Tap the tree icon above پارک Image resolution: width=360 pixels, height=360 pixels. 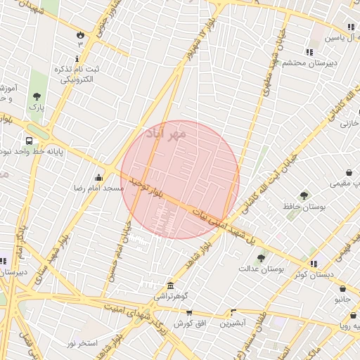[37, 97]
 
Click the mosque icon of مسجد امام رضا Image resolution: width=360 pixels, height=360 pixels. [98, 177]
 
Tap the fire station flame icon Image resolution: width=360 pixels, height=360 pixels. [80, 34]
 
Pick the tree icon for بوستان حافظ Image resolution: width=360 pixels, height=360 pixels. [304, 195]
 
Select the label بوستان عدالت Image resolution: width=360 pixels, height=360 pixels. [261, 269]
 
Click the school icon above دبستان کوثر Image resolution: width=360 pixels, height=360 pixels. [313, 263]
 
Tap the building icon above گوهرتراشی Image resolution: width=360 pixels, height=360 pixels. [171, 285]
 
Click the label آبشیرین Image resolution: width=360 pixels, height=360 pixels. [232, 323]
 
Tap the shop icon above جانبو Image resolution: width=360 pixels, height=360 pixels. [342, 288]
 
